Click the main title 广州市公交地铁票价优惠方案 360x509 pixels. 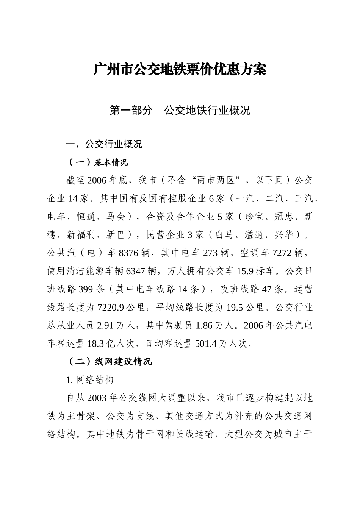(x=180, y=70)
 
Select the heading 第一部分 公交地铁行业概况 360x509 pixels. (x=180, y=111)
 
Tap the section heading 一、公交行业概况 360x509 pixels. (x=104, y=144)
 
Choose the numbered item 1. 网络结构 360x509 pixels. (x=90, y=380)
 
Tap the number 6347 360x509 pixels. (x=136, y=271)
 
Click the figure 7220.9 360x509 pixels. (x=111, y=308)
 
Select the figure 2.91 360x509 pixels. (x=105, y=326)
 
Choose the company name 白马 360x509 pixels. (x=224, y=235)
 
